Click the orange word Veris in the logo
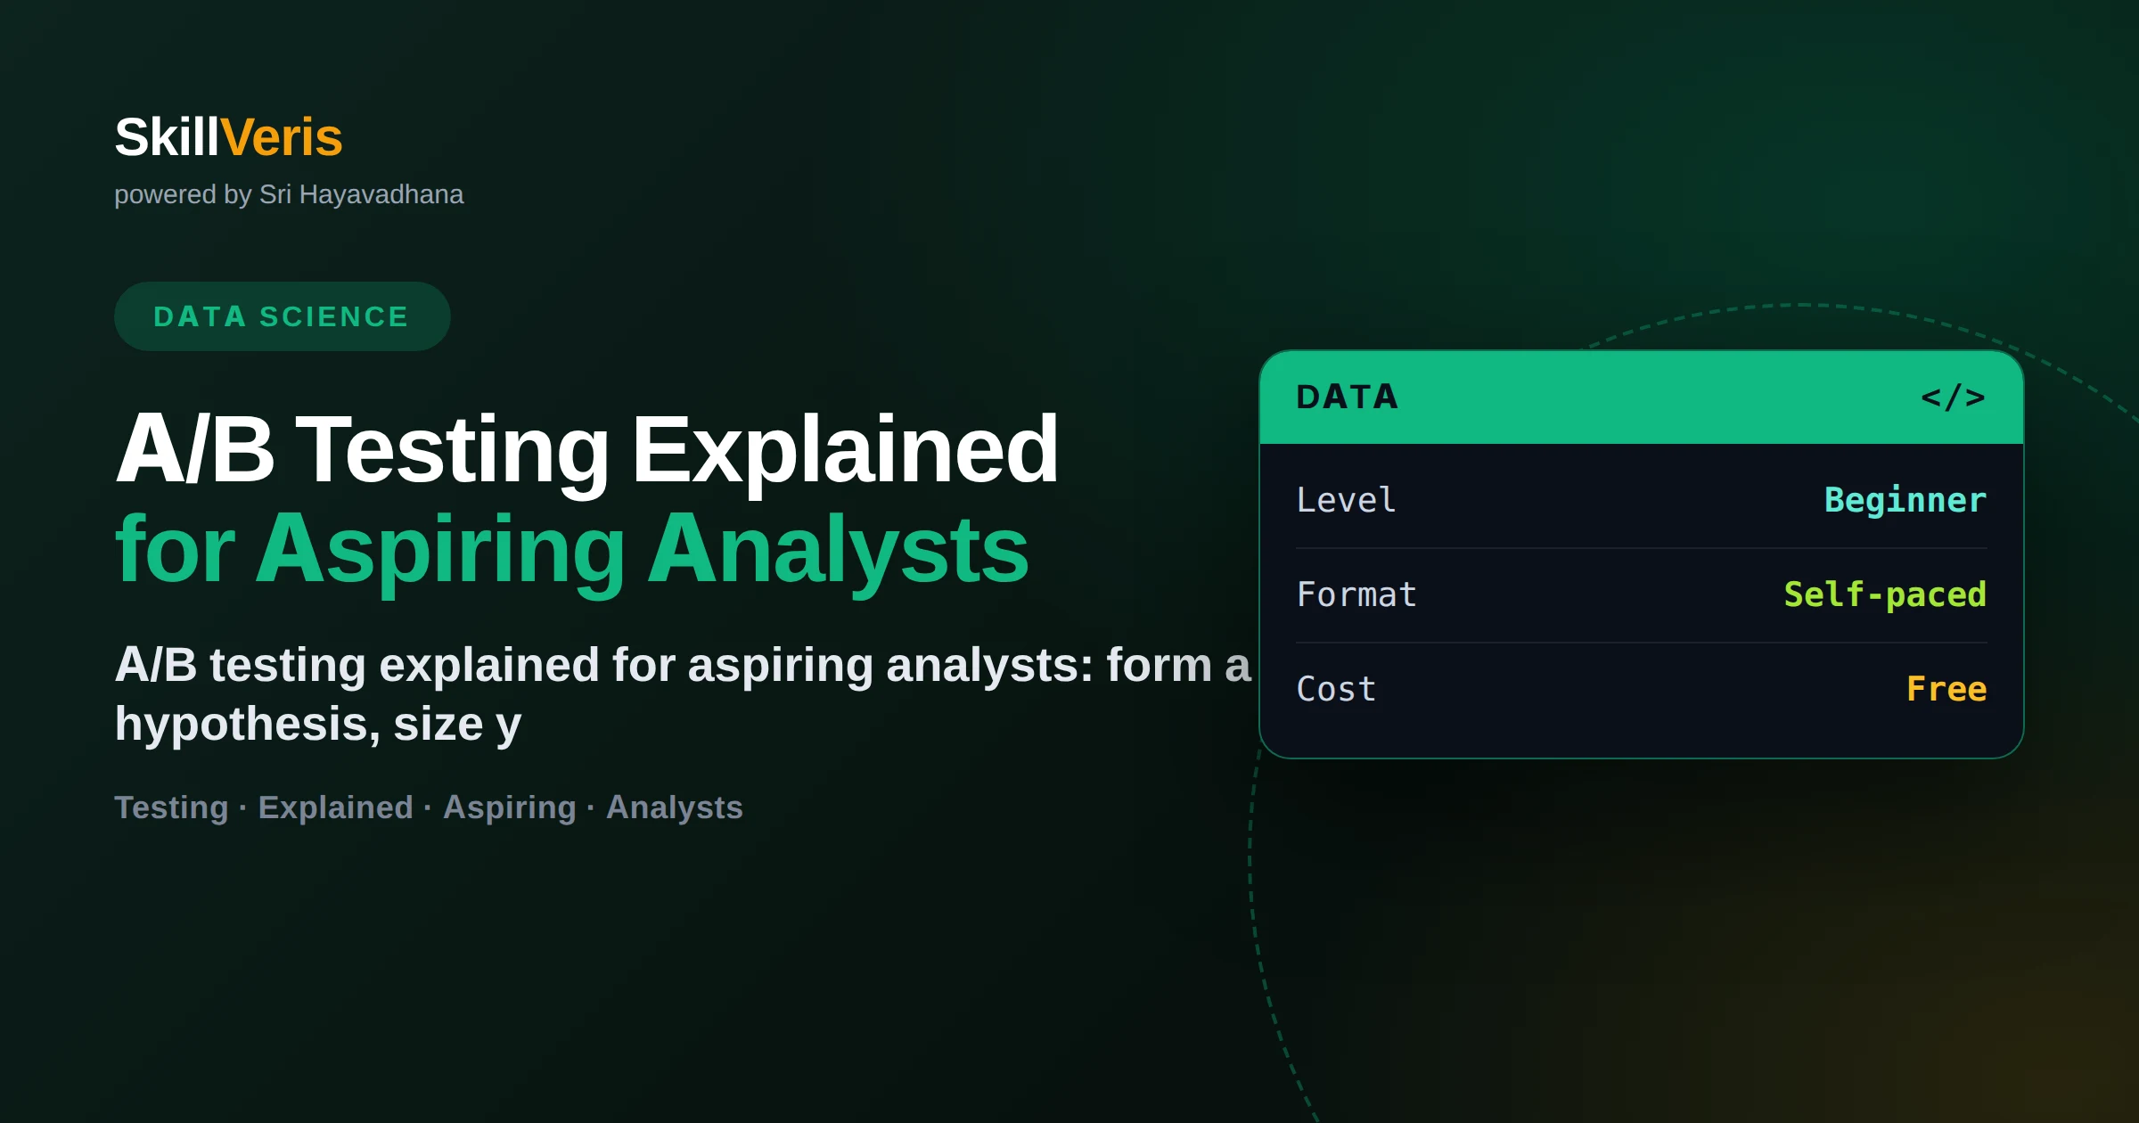click(x=281, y=137)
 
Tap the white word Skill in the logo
click(x=167, y=137)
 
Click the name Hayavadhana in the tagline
click(x=381, y=194)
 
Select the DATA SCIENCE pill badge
click(x=282, y=316)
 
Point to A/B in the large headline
click(x=195, y=449)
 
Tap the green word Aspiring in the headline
click(x=440, y=551)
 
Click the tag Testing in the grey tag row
click(x=172, y=808)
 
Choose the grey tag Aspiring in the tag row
click(x=510, y=808)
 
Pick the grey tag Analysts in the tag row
click(x=675, y=807)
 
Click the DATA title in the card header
click(x=1347, y=397)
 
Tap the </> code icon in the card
click(x=1953, y=397)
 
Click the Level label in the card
click(x=1346, y=500)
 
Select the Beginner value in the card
click(x=1905, y=501)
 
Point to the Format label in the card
click(x=1356, y=594)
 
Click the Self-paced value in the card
click(x=1885, y=595)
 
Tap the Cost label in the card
click(x=1336, y=689)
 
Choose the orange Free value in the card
click(x=1946, y=689)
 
